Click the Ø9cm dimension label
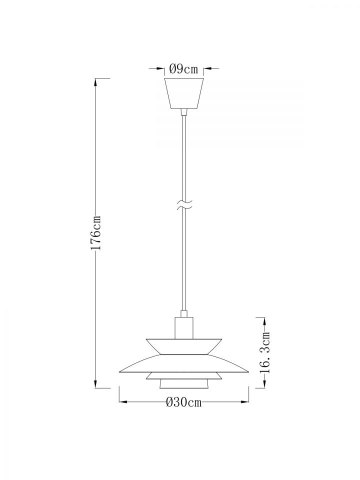point(183,69)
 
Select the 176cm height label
point(96,232)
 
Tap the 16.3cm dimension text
point(265,352)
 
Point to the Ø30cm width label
point(183,402)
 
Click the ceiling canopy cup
point(184,93)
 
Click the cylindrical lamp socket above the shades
point(184,328)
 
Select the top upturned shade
point(183,346)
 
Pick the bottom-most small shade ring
point(183,384)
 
